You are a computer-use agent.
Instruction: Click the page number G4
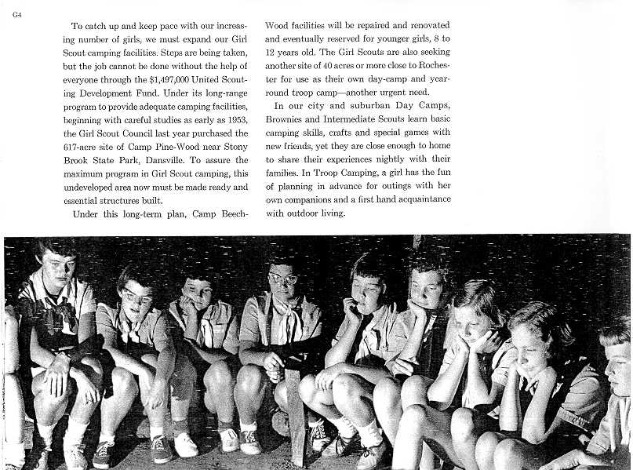16,9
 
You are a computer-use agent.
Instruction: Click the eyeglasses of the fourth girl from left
283,279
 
